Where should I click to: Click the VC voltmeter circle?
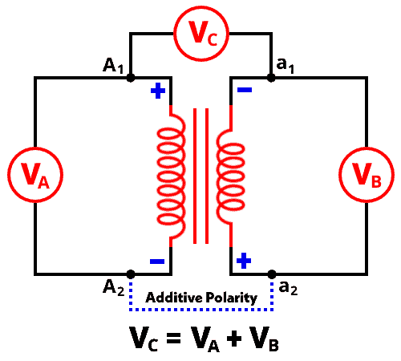(201, 7)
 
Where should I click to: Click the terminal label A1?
(113, 66)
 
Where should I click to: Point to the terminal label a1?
(286, 66)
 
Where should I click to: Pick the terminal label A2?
(114, 287)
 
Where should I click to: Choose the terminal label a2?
(288, 288)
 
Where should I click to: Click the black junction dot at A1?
(131, 78)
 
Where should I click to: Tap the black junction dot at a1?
(271, 78)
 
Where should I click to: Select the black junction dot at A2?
(131, 274)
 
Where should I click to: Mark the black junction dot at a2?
(272, 274)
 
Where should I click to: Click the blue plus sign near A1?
(158, 91)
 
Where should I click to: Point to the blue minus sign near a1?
(245, 90)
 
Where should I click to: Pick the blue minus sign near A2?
(157, 262)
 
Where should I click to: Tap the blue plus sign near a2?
(244, 261)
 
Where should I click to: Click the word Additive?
(174, 298)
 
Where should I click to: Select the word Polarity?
(232, 298)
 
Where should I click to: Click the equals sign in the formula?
(174, 338)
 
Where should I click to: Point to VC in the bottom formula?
(144, 339)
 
